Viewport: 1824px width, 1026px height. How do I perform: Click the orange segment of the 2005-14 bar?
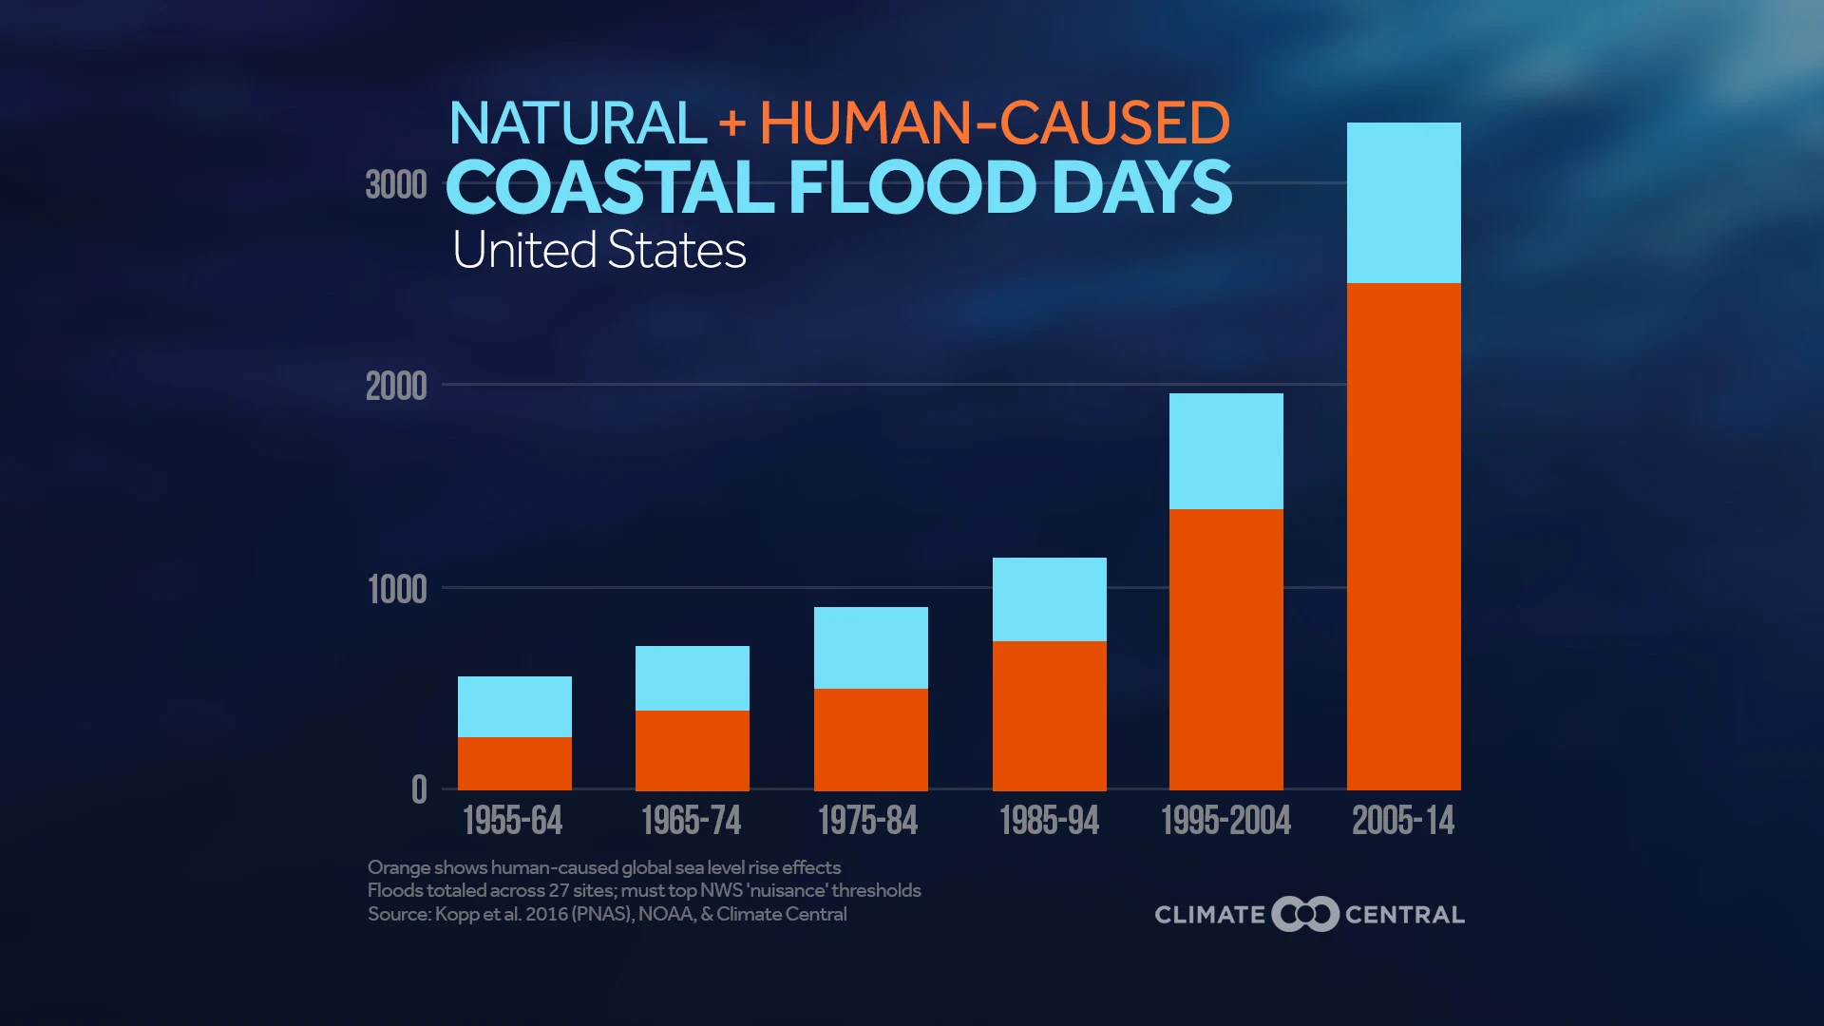point(1403,537)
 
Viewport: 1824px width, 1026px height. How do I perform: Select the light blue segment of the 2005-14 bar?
point(1403,202)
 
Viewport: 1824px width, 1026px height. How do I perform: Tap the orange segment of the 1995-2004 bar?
point(1225,650)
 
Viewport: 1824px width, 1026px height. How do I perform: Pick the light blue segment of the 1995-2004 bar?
point(1225,451)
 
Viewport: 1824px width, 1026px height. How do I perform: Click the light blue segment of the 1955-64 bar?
point(514,707)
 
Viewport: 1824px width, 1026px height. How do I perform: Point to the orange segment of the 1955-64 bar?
point(514,764)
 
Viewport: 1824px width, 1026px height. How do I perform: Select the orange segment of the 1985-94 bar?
point(1049,716)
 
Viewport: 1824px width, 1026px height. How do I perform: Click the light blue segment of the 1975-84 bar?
point(870,648)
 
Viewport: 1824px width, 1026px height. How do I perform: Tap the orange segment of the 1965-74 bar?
point(692,750)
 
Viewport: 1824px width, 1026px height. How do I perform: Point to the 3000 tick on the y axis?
point(396,185)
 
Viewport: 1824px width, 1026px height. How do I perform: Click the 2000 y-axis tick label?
point(396,388)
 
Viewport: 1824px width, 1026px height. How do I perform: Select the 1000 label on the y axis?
point(397,590)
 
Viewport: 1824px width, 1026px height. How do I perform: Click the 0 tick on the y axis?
point(419,790)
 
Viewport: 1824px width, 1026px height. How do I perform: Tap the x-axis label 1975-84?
point(867,821)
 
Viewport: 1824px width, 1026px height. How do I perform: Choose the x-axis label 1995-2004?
point(1225,821)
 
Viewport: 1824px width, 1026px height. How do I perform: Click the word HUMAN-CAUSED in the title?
point(995,123)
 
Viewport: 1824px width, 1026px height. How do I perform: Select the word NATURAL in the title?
point(577,123)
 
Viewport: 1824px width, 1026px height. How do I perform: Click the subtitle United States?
point(598,251)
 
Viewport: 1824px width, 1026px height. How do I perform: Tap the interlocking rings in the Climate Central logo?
point(1305,914)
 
